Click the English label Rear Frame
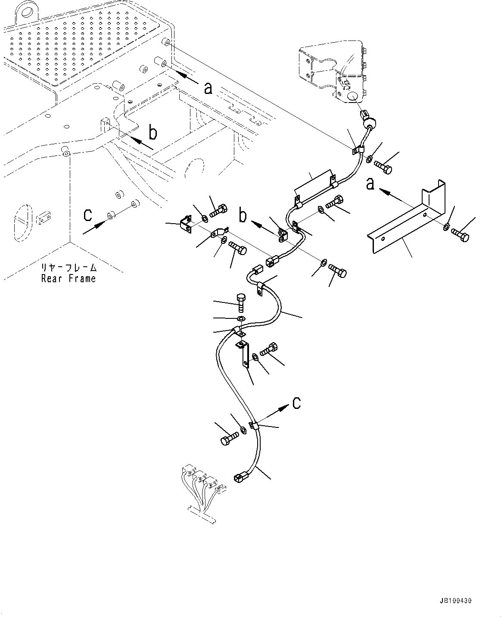[68, 279]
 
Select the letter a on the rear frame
[208, 88]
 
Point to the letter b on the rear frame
[153, 133]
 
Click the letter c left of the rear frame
[87, 214]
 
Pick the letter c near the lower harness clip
[297, 403]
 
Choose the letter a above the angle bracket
[370, 184]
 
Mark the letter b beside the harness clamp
[243, 215]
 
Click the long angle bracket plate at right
[405, 220]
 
